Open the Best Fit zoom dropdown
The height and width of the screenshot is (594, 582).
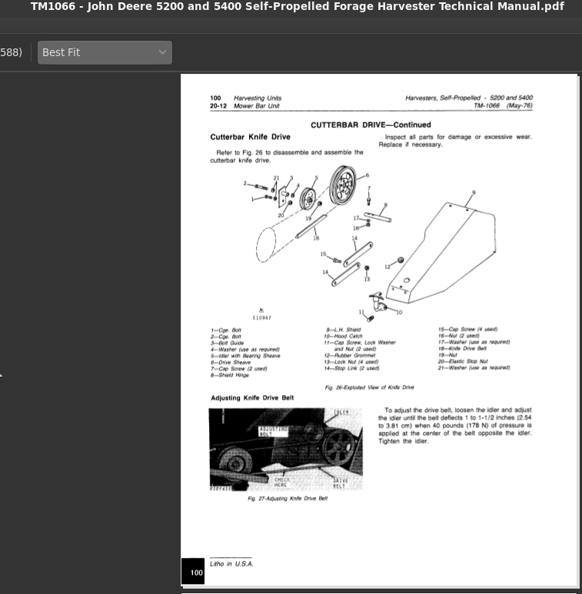pyautogui.click(x=104, y=52)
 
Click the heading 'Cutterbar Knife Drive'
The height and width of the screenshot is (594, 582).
pyautogui.click(x=250, y=138)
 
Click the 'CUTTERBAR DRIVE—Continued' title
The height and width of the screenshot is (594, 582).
pyautogui.click(x=371, y=124)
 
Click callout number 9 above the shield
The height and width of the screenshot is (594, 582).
pyautogui.click(x=474, y=191)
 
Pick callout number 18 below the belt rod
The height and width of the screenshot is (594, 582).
pyautogui.click(x=315, y=238)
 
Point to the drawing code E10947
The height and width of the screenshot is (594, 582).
pyautogui.click(x=261, y=317)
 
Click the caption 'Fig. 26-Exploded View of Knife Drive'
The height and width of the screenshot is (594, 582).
pyautogui.click(x=369, y=387)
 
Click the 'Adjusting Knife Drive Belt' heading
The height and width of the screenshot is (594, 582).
pyautogui.click(x=253, y=398)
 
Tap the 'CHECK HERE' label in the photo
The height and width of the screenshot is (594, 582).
pyautogui.click(x=282, y=483)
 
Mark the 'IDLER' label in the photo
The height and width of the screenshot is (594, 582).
pyautogui.click(x=341, y=413)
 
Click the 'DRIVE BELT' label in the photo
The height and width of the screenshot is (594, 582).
pyautogui.click(x=339, y=483)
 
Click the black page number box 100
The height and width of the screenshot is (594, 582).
pyautogui.click(x=196, y=572)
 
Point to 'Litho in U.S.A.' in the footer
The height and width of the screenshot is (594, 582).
pyautogui.click(x=231, y=563)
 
